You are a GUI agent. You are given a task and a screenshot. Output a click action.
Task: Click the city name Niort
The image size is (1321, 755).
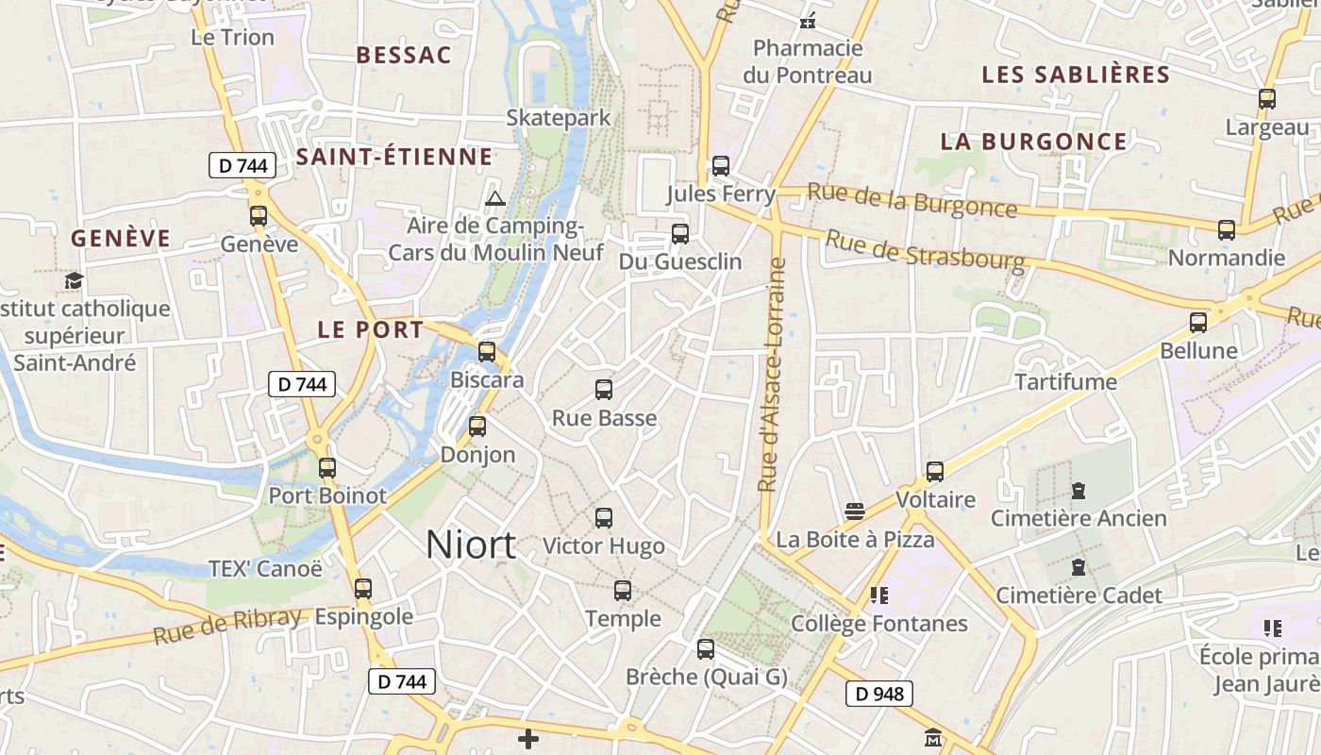point(471,545)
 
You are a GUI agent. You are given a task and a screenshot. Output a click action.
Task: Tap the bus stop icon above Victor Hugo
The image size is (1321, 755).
point(604,517)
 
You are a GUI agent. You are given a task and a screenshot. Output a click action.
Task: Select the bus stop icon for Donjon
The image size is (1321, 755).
point(477,426)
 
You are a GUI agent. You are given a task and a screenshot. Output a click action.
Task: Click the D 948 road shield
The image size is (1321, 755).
point(879,695)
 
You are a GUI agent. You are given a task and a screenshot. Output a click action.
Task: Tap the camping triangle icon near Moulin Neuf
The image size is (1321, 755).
point(494,199)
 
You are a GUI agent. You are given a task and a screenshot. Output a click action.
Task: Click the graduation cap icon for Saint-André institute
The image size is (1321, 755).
point(74,280)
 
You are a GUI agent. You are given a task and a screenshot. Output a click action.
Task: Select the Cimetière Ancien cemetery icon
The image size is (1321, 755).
point(1079,491)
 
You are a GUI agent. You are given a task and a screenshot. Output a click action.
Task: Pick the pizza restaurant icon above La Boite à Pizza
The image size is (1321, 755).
point(855,512)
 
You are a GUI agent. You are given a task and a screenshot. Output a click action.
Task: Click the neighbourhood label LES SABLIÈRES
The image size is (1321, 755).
point(1076,75)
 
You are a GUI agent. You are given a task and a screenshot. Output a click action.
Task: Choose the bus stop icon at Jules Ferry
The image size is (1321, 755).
point(721,166)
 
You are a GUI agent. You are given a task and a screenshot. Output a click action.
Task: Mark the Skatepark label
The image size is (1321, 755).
point(559,118)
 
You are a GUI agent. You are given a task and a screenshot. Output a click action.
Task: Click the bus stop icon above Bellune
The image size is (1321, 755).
point(1198,322)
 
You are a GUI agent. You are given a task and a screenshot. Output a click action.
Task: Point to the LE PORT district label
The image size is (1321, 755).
point(371,330)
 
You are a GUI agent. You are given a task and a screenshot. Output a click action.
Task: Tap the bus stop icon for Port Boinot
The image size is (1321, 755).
point(327,467)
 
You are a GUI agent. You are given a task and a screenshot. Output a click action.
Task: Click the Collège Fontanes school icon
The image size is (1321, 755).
point(879,596)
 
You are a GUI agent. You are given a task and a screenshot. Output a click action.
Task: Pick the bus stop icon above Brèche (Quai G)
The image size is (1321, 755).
point(706,649)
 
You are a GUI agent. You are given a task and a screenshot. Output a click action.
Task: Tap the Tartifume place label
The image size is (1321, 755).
point(1065,382)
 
